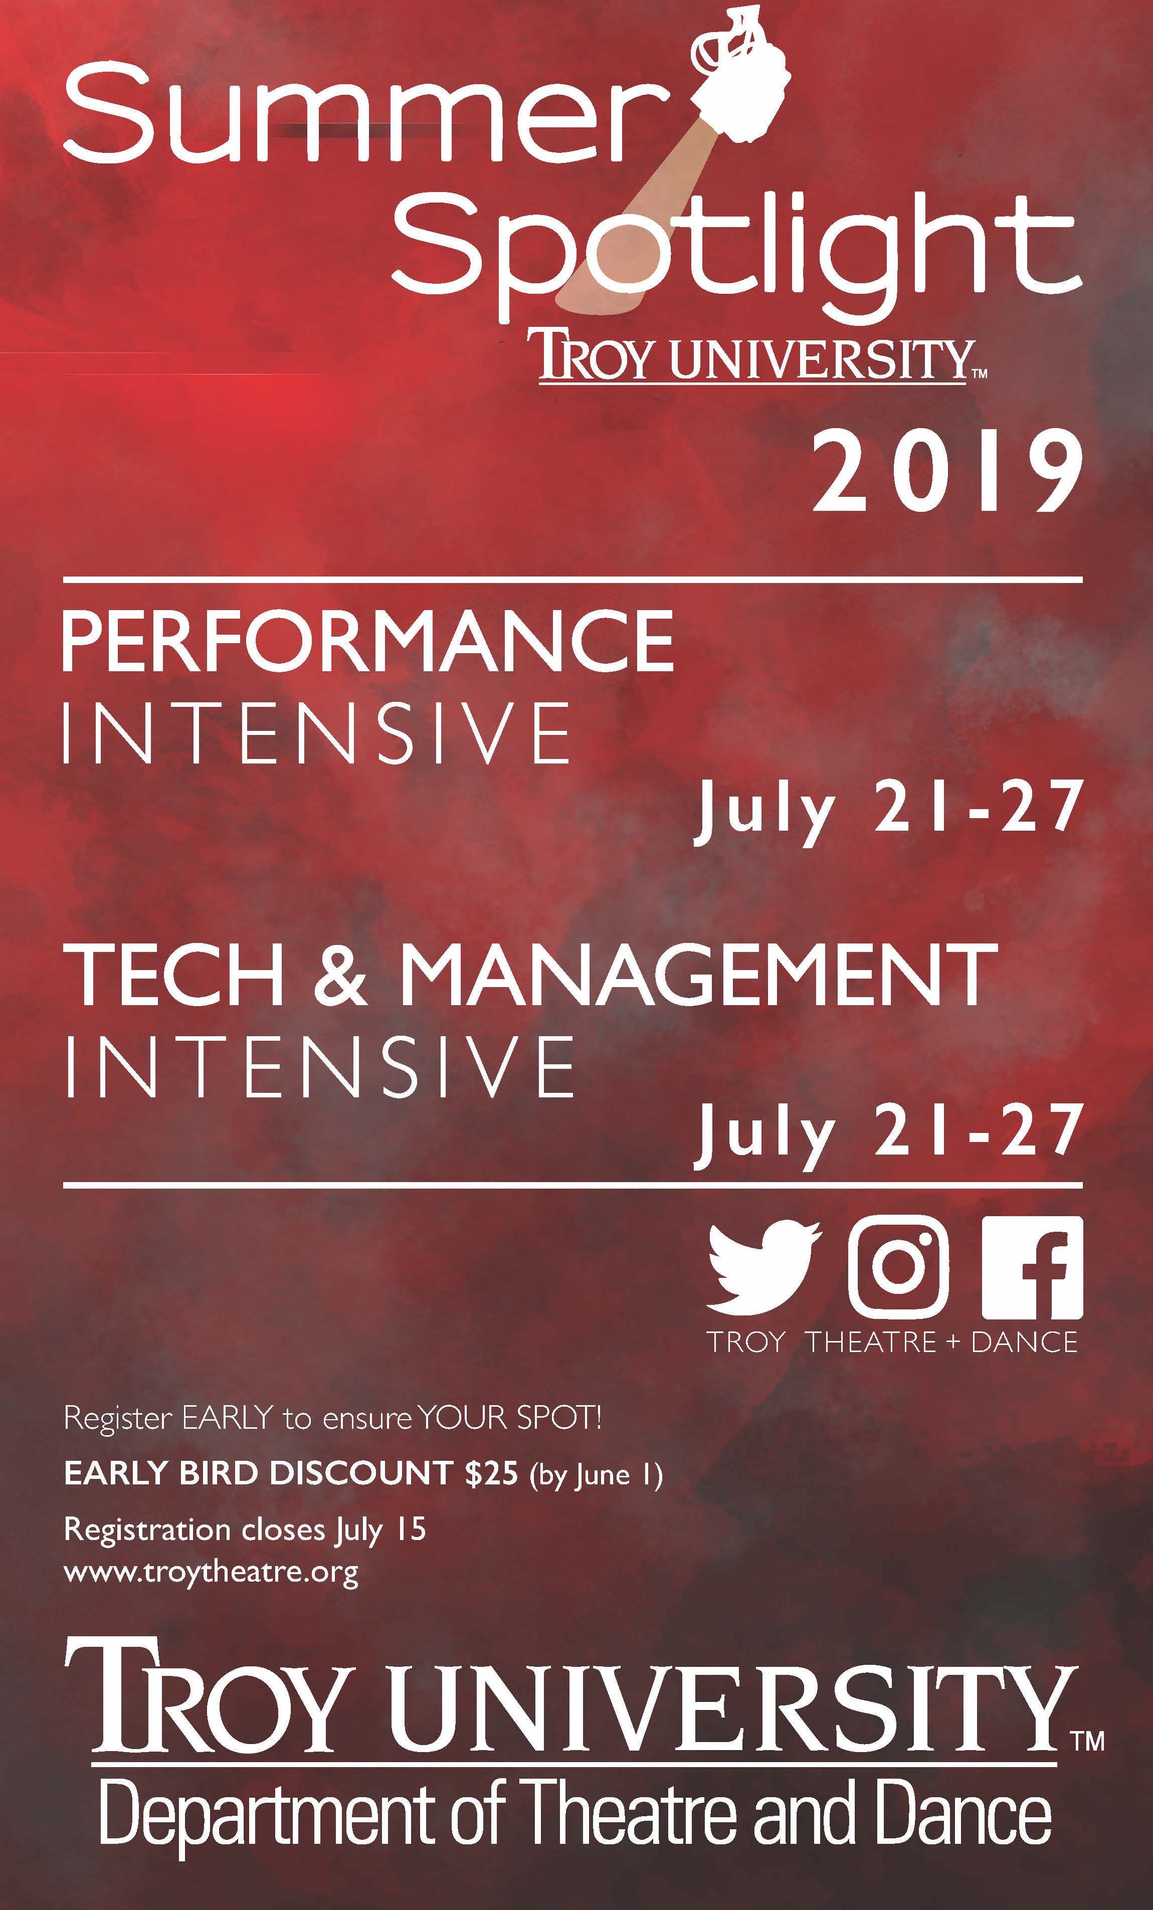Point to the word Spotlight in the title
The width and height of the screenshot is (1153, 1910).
click(736, 248)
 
